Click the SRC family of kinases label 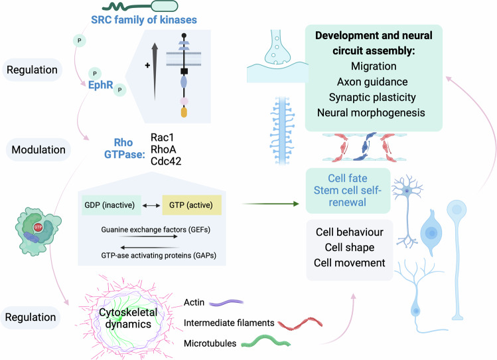coord(144,20)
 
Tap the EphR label coord(100,85)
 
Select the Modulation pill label coord(38,149)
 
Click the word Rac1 coord(163,137)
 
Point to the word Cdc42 coord(166,161)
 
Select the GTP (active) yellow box coord(192,205)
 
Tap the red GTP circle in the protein coord(38,226)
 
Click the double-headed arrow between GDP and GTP coord(151,205)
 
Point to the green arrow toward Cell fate coord(271,204)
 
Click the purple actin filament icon coord(226,303)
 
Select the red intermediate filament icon coord(300,323)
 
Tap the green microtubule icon coord(265,341)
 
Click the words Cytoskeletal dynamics coord(128,318)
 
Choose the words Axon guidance coord(372,82)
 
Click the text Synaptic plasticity coord(372,98)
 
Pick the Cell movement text coord(349,263)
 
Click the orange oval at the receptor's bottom coord(184,113)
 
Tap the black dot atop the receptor coord(184,35)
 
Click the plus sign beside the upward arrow coord(147,65)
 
